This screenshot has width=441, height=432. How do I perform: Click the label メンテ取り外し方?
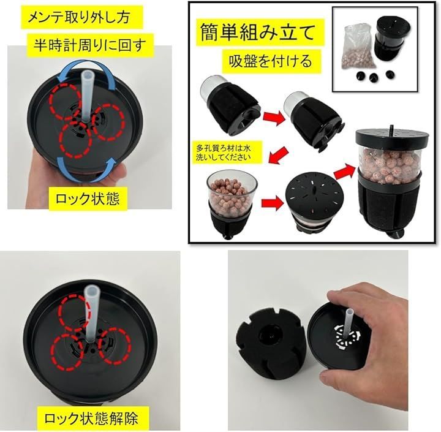(79, 17)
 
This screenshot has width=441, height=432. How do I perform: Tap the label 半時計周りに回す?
(90, 45)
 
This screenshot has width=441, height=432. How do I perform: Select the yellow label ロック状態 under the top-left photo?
(88, 199)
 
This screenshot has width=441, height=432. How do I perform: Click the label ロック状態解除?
(91, 418)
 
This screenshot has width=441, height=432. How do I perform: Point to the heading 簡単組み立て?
(257, 32)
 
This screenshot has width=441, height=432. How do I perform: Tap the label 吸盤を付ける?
(271, 61)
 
